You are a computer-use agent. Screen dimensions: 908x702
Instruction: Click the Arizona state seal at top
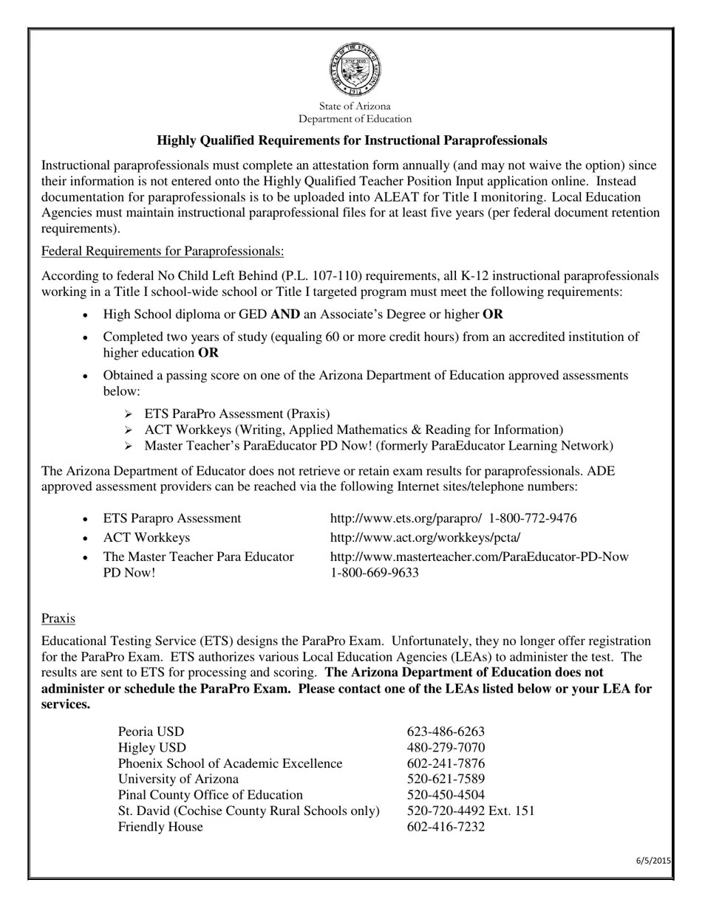click(x=355, y=69)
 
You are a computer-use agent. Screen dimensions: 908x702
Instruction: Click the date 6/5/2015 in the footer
click(x=653, y=860)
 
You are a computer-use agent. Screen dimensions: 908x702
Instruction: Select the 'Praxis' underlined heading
click(x=58, y=618)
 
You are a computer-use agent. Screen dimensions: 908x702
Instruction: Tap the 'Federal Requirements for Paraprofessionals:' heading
click(x=163, y=251)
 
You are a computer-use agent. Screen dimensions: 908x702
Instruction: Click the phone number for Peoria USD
click(x=446, y=732)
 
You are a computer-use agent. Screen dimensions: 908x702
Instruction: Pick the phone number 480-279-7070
click(x=446, y=747)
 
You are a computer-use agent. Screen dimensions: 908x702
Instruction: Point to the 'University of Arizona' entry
click(x=178, y=779)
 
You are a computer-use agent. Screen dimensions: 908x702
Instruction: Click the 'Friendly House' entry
click(x=160, y=827)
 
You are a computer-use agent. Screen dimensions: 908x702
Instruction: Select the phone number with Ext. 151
click(x=471, y=811)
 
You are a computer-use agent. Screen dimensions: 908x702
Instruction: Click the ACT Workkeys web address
click(x=425, y=537)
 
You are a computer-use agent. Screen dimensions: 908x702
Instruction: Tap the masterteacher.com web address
click(x=479, y=557)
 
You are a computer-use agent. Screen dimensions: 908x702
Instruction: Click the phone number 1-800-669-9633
click(x=374, y=573)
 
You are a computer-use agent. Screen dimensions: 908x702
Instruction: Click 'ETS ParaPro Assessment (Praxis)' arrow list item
click(x=237, y=413)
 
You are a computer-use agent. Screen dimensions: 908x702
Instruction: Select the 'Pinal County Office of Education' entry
click(x=211, y=795)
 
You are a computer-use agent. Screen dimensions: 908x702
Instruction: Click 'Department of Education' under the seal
click(x=355, y=119)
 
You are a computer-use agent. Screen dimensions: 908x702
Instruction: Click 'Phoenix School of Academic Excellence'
click(x=230, y=763)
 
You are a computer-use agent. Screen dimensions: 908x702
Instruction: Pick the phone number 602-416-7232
click(x=446, y=827)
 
